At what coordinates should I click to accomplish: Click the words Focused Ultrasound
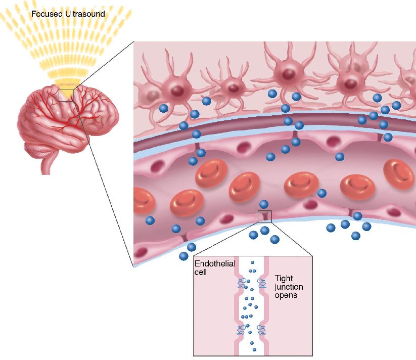click(x=68, y=14)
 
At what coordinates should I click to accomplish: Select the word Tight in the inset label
click(x=283, y=279)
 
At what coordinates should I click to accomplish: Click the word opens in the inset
click(x=286, y=295)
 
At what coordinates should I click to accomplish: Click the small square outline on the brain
click(x=66, y=95)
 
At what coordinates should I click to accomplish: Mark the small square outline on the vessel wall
click(x=264, y=216)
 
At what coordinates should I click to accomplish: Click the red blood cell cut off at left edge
click(x=143, y=200)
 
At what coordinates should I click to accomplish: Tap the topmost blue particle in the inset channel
click(x=253, y=263)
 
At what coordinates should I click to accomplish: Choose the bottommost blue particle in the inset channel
click(x=253, y=349)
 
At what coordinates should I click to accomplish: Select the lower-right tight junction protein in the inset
click(x=261, y=330)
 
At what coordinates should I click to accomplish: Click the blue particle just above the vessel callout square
click(x=263, y=204)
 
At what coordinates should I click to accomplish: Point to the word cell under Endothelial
click(x=201, y=272)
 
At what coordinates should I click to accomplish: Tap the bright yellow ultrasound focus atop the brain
click(x=66, y=83)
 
